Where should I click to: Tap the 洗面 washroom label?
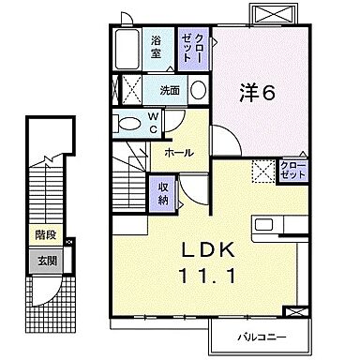(168, 91)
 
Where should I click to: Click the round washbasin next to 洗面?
(199, 90)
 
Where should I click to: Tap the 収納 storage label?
(163, 194)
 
